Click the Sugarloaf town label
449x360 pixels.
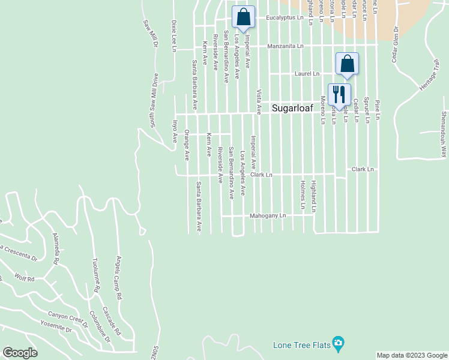[x=292, y=109]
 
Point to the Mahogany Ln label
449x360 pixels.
[x=268, y=215]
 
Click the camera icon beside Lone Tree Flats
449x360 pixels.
[x=339, y=344]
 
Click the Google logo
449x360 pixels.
[x=20, y=353]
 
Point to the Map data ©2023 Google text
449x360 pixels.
[x=412, y=355]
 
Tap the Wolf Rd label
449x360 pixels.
[x=26, y=279]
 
